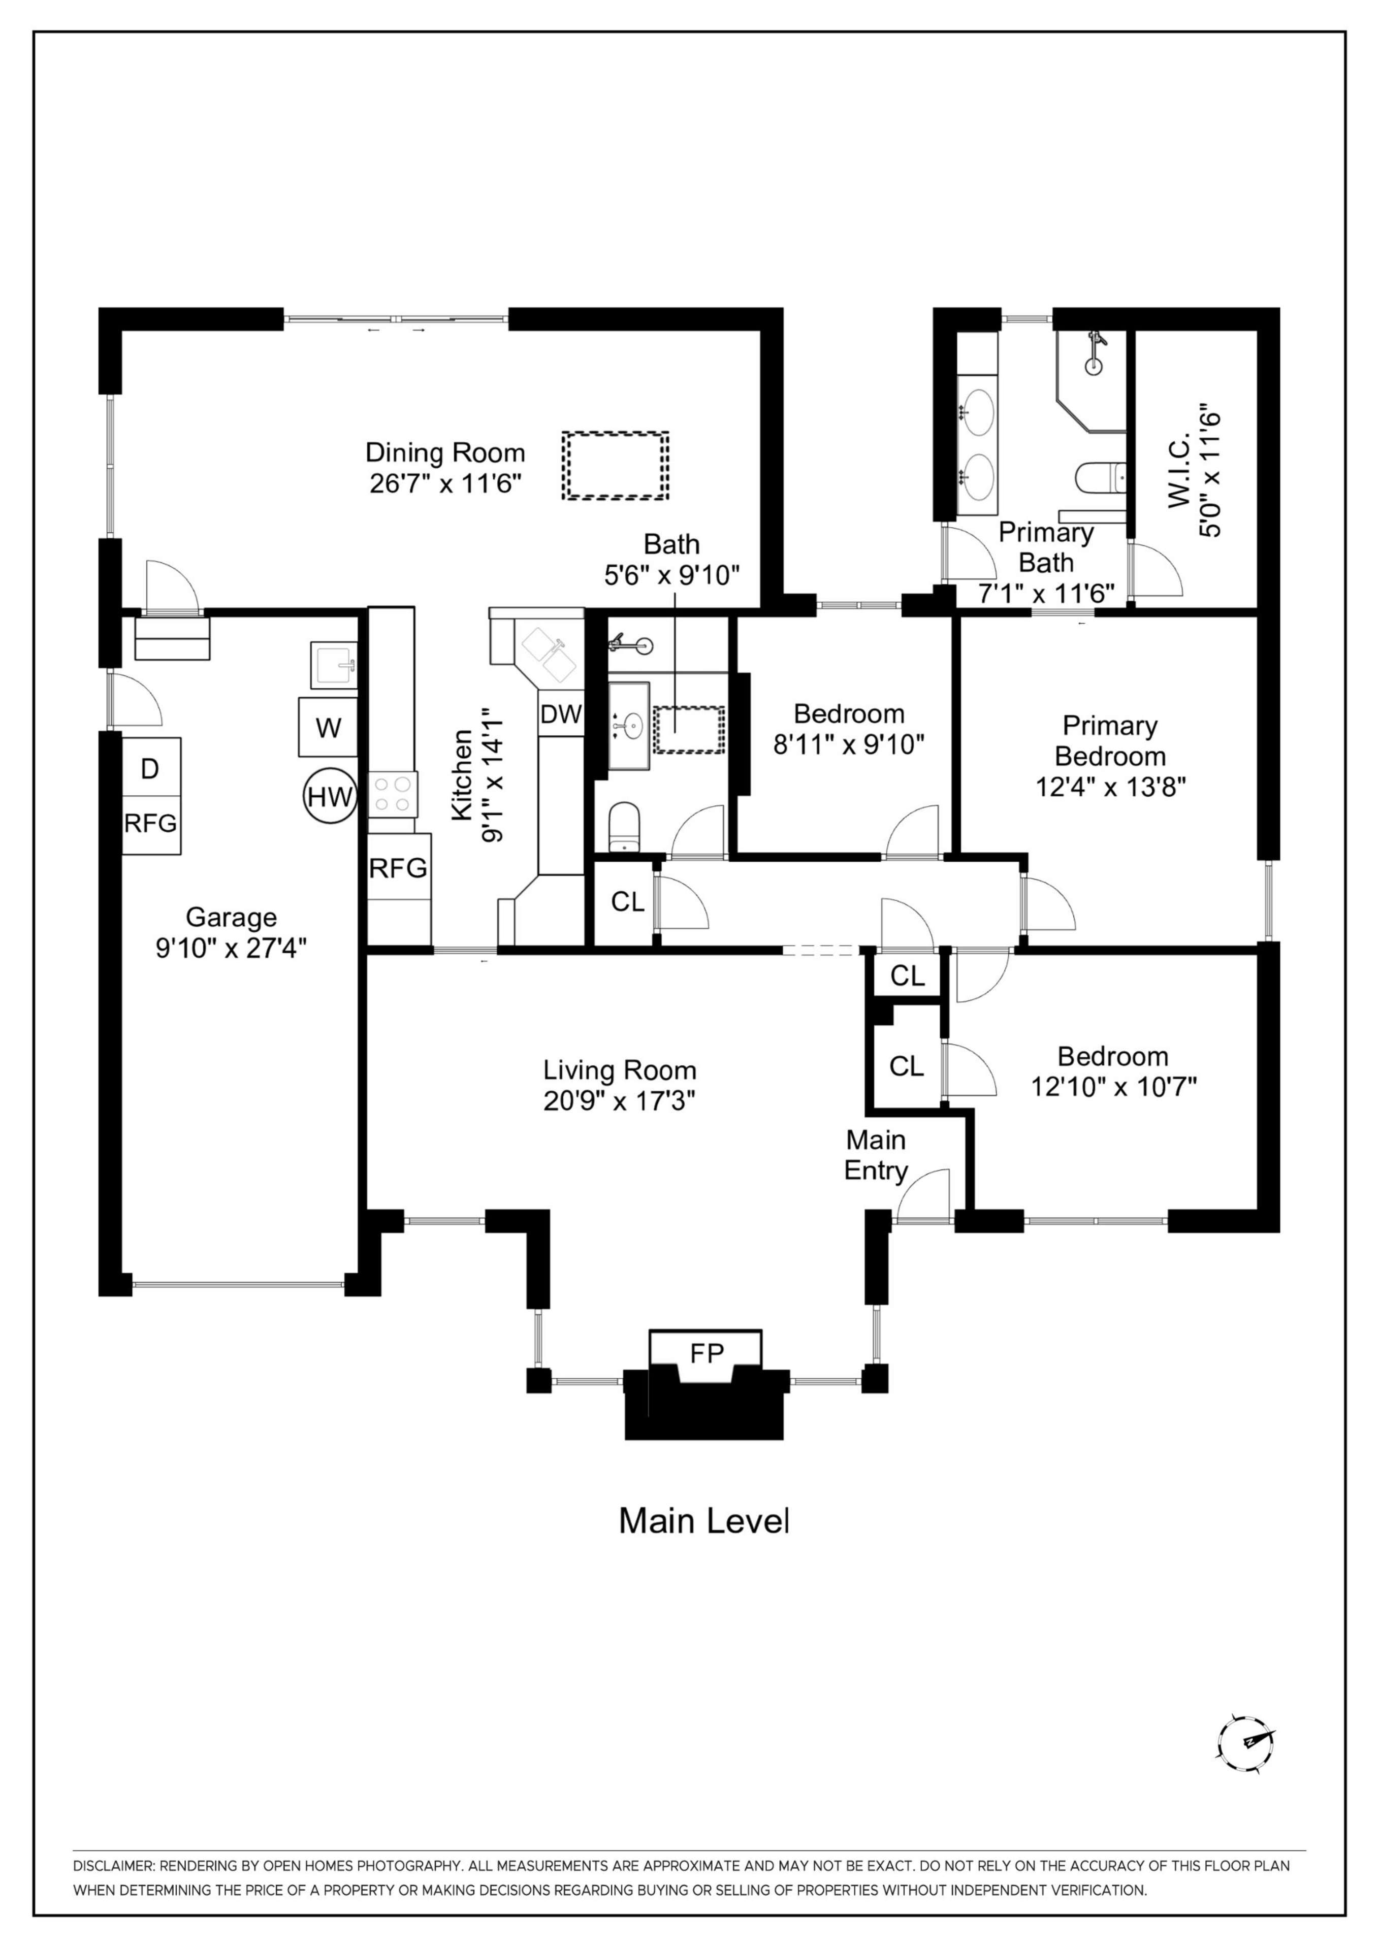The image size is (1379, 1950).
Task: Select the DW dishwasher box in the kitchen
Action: click(x=561, y=714)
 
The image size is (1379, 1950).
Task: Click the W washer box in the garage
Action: click(x=328, y=727)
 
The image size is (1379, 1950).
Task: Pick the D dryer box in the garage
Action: click(x=150, y=769)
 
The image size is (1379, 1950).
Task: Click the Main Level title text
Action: click(x=703, y=1521)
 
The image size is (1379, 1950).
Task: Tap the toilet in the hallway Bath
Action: click(x=625, y=826)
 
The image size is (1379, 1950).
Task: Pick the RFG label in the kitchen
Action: click(x=398, y=868)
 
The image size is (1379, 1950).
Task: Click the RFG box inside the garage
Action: click(x=150, y=823)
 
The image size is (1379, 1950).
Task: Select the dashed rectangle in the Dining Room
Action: click(x=615, y=466)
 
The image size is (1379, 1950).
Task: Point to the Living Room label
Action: click(x=619, y=1070)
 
